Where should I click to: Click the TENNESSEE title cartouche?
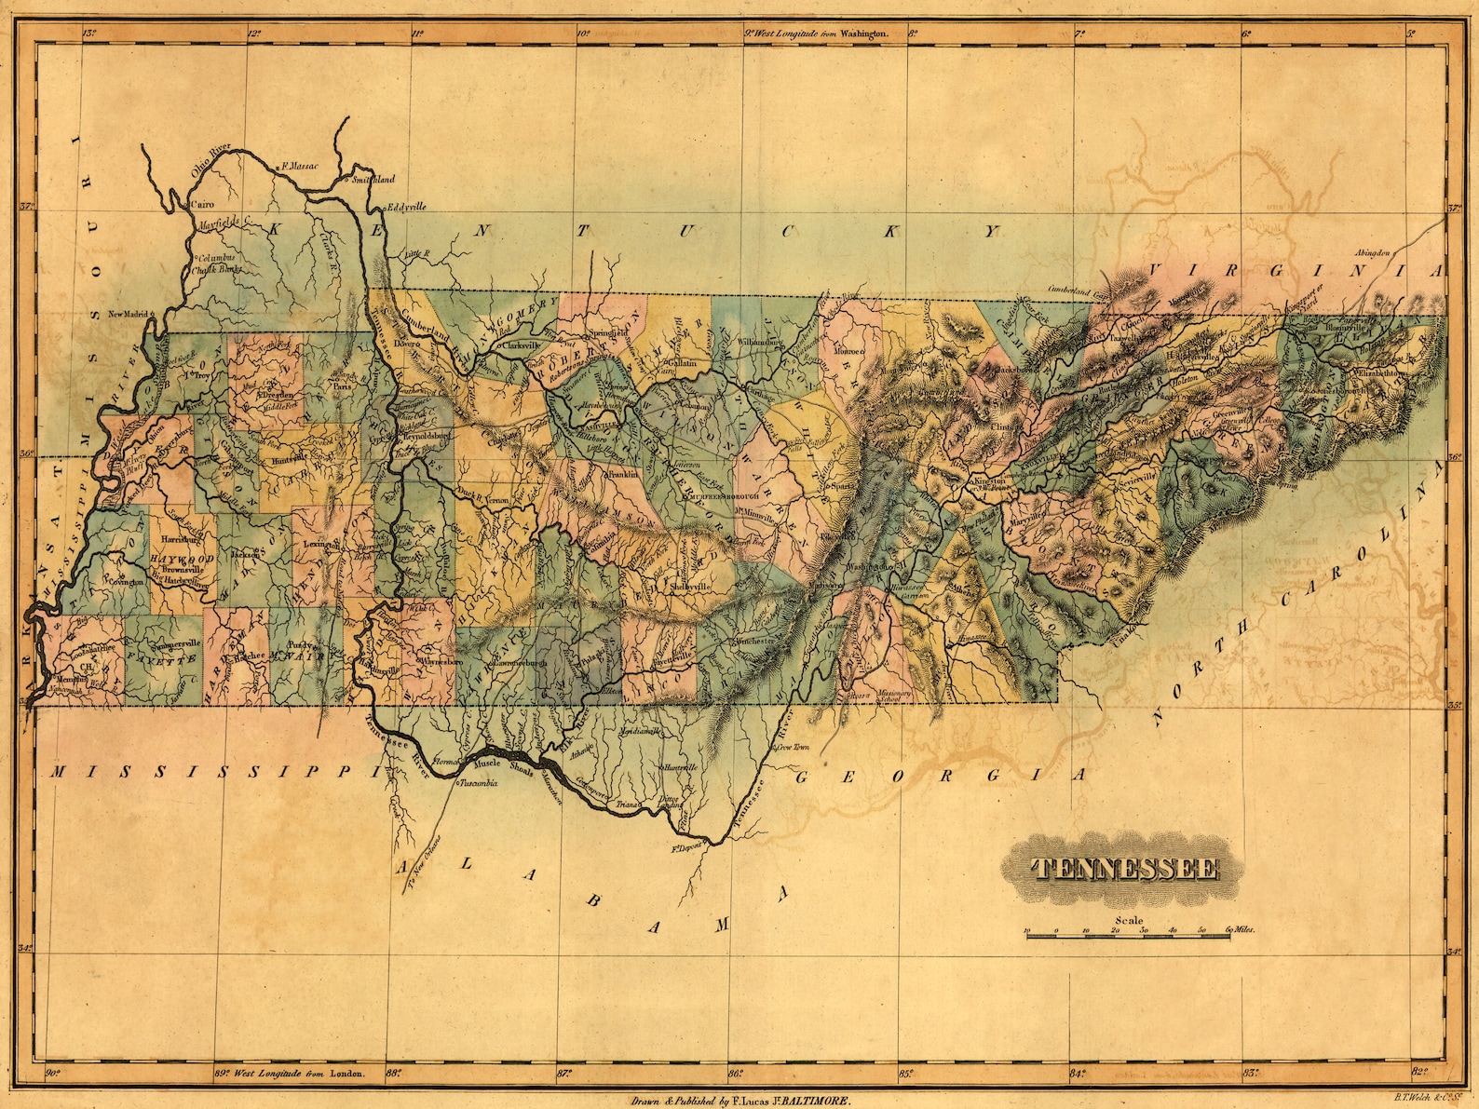[x=1125, y=869]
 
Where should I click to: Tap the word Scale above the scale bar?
[x=1127, y=921]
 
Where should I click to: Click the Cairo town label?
[x=201, y=203]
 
